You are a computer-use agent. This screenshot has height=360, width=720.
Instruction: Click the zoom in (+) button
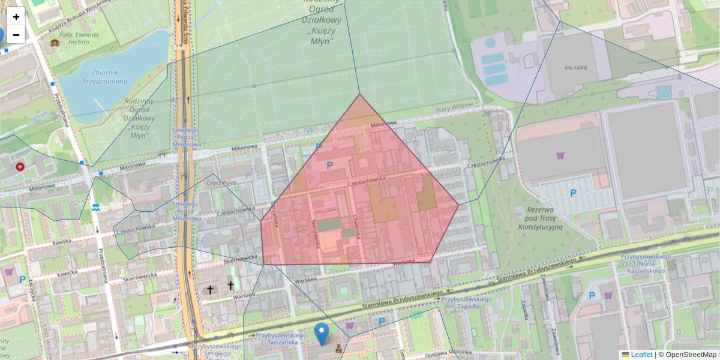(x=16, y=17)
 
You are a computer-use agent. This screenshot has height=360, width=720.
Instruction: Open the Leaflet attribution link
(x=641, y=355)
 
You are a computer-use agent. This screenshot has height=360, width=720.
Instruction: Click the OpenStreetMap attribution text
(x=691, y=355)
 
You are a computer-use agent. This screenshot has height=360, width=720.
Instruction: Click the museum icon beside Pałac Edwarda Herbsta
(x=55, y=43)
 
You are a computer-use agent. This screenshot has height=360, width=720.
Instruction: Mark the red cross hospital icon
(x=20, y=166)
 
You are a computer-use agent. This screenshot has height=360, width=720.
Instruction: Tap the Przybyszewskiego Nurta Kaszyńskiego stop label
(x=646, y=264)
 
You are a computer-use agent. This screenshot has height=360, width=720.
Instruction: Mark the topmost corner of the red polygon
(x=359, y=94)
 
